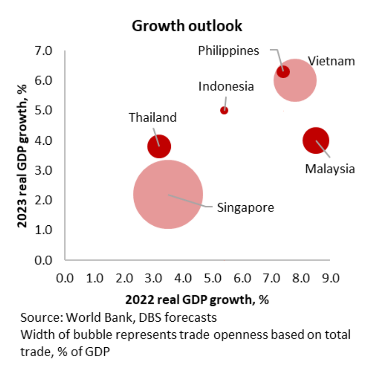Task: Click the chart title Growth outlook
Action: (x=187, y=26)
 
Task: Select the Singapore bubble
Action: (x=168, y=194)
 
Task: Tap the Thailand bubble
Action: (x=159, y=147)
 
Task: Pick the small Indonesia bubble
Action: (x=224, y=110)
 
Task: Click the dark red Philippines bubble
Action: (x=283, y=72)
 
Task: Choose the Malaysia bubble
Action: (x=316, y=140)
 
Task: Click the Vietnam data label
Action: (x=331, y=61)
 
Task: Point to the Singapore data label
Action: (x=245, y=207)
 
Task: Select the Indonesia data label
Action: (x=226, y=86)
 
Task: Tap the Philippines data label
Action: (x=228, y=50)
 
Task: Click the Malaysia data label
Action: (x=330, y=169)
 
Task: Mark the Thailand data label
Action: (x=153, y=117)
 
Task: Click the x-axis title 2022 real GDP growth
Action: (x=197, y=299)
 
